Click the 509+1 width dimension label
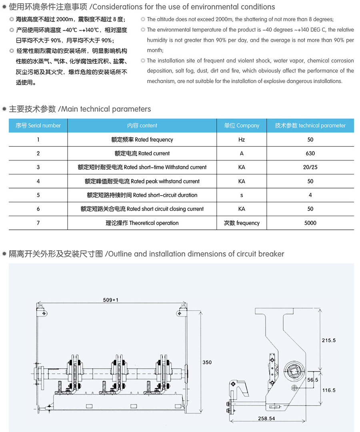point(111,299)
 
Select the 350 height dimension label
point(207,362)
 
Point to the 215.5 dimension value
point(328,340)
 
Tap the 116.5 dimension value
point(328,390)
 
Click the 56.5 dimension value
point(312,380)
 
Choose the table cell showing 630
point(310,153)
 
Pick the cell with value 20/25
point(310,167)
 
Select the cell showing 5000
point(310,223)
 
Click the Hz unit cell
point(242,140)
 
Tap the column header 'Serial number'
point(38,126)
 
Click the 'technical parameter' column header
point(310,126)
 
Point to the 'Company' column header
point(242,126)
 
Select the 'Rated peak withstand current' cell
point(142,181)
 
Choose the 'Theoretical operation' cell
point(142,223)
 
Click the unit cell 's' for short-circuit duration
point(242,195)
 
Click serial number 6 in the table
point(38,209)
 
